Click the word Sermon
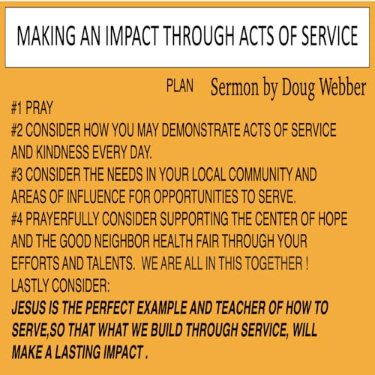pos(237,86)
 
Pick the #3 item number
pos(20,175)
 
